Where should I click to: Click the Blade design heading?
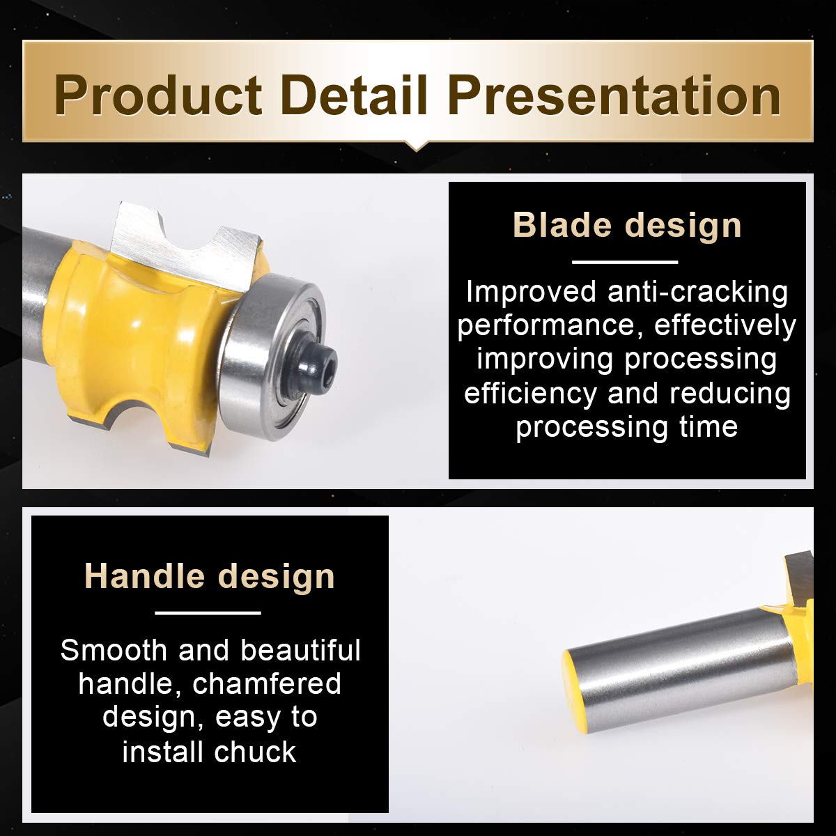627,225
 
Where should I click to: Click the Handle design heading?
210,576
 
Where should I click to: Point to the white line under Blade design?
625,262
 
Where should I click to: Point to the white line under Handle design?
208,613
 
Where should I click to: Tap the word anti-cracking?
697,291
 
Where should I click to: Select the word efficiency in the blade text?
531,394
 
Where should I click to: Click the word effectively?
725,325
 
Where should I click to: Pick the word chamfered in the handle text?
267,683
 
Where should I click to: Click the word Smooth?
114,650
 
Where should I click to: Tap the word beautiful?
301,650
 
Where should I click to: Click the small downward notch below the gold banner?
417,146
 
